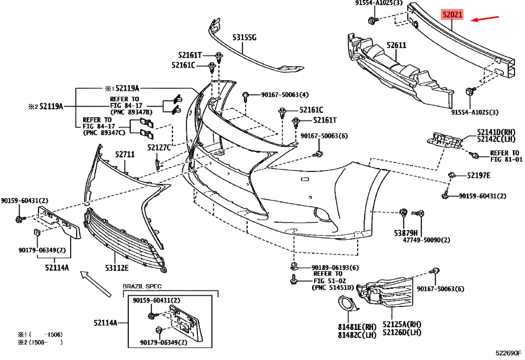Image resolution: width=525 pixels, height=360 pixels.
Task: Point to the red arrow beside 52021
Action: tap(487, 19)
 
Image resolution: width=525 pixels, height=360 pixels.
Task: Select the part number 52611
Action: tap(396, 46)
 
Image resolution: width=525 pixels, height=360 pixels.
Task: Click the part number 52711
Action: tap(125, 155)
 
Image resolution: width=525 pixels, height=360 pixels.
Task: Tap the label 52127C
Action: tap(159, 147)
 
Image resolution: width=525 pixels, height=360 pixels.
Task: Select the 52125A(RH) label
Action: tap(402, 325)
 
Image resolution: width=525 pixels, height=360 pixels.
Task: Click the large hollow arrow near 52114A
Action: tap(95, 283)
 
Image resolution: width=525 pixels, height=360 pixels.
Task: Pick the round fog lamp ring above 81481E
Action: tap(345, 304)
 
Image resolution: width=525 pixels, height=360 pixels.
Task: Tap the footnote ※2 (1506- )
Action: tap(40, 342)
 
